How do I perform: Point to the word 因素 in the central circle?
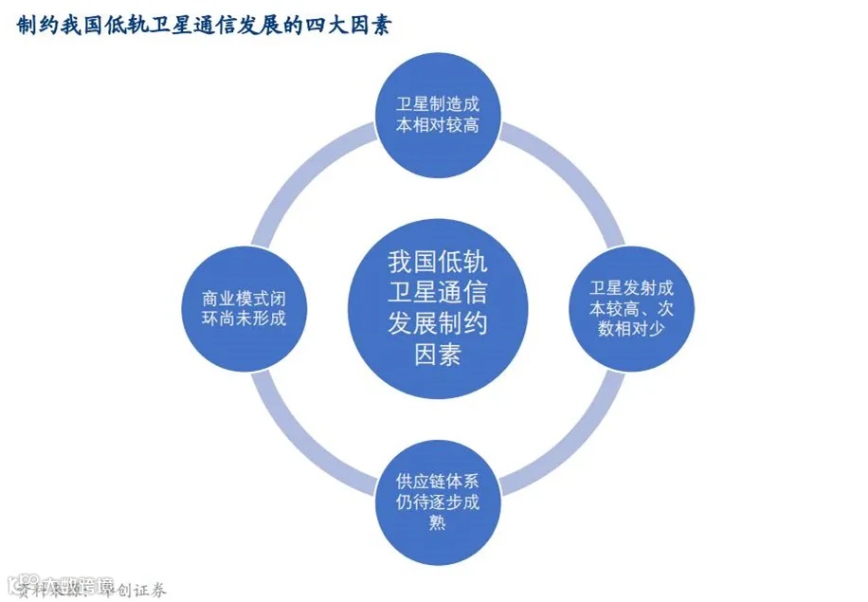437,356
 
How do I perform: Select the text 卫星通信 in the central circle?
437,292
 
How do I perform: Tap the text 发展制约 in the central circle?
437,323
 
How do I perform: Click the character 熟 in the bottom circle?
437,522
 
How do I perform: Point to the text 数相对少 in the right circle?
630,328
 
